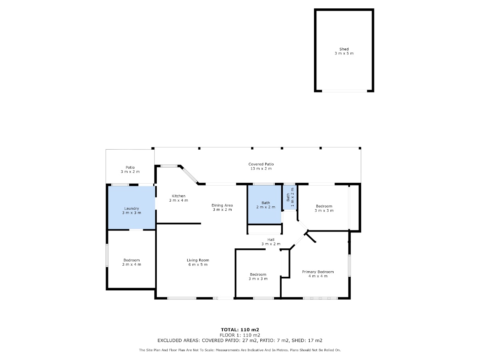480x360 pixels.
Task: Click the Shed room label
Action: click(x=344, y=49)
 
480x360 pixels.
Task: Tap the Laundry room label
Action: click(x=132, y=208)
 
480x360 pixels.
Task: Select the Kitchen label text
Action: click(x=178, y=196)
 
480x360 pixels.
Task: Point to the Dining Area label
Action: click(x=222, y=205)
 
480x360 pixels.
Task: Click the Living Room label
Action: click(x=198, y=260)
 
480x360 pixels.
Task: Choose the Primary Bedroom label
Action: click(x=318, y=272)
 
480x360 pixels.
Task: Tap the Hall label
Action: click(x=271, y=240)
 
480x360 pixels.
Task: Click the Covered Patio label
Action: click(x=261, y=164)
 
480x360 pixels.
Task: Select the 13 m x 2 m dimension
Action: click(x=261, y=168)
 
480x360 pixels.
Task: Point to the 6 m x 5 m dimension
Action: click(x=198, y=264)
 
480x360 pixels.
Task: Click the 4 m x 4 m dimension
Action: click(x=318, y=276)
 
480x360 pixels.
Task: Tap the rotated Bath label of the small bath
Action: click(x=288, y=197)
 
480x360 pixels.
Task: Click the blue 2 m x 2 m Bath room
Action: click(x=264, y=204)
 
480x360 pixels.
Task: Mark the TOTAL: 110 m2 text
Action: click(x=240, y=330)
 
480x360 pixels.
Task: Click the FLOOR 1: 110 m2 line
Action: click(x=240, y=335)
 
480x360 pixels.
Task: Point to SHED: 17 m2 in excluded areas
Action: click(x=307, y=340)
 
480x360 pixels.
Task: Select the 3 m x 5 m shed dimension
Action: click(x=344, y=53)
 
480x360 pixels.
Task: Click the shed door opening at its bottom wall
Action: click(x=344, y=91)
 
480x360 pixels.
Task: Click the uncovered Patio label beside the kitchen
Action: click(x=130, y=168)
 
